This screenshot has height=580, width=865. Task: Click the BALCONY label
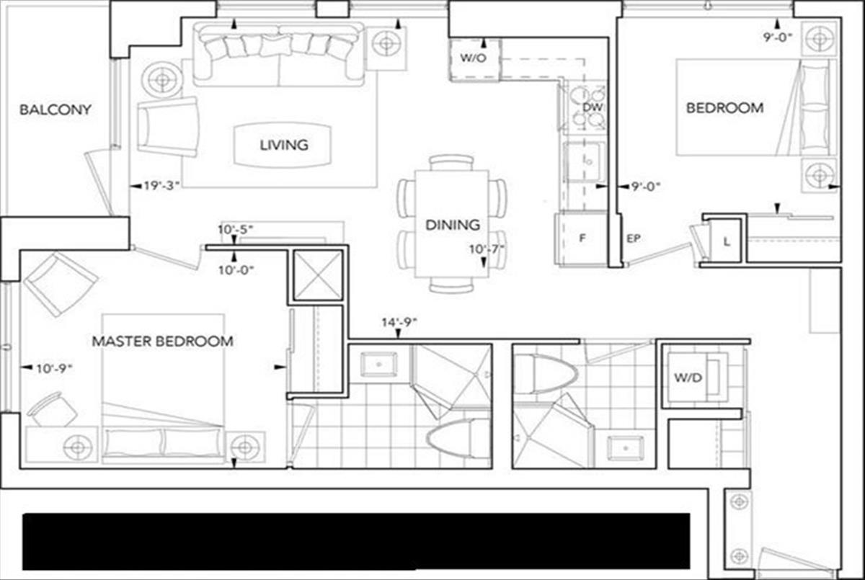point(56,110)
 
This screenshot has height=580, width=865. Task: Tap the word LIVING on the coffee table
point(284,145)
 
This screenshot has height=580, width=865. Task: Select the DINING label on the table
point(452,225)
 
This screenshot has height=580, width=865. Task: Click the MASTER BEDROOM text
point(162,341)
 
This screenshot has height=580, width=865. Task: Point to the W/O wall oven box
point(474,58)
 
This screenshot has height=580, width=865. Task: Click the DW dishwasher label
point(592,108)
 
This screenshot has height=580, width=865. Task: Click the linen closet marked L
point(726,243)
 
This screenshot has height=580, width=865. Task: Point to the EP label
point(634,237)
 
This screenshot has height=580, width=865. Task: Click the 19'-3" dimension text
point(161,185)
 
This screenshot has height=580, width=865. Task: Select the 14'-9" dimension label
point(400,324)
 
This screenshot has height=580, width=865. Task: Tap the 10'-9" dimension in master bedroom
point(55,368)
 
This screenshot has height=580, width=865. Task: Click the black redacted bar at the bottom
point(357,541)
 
